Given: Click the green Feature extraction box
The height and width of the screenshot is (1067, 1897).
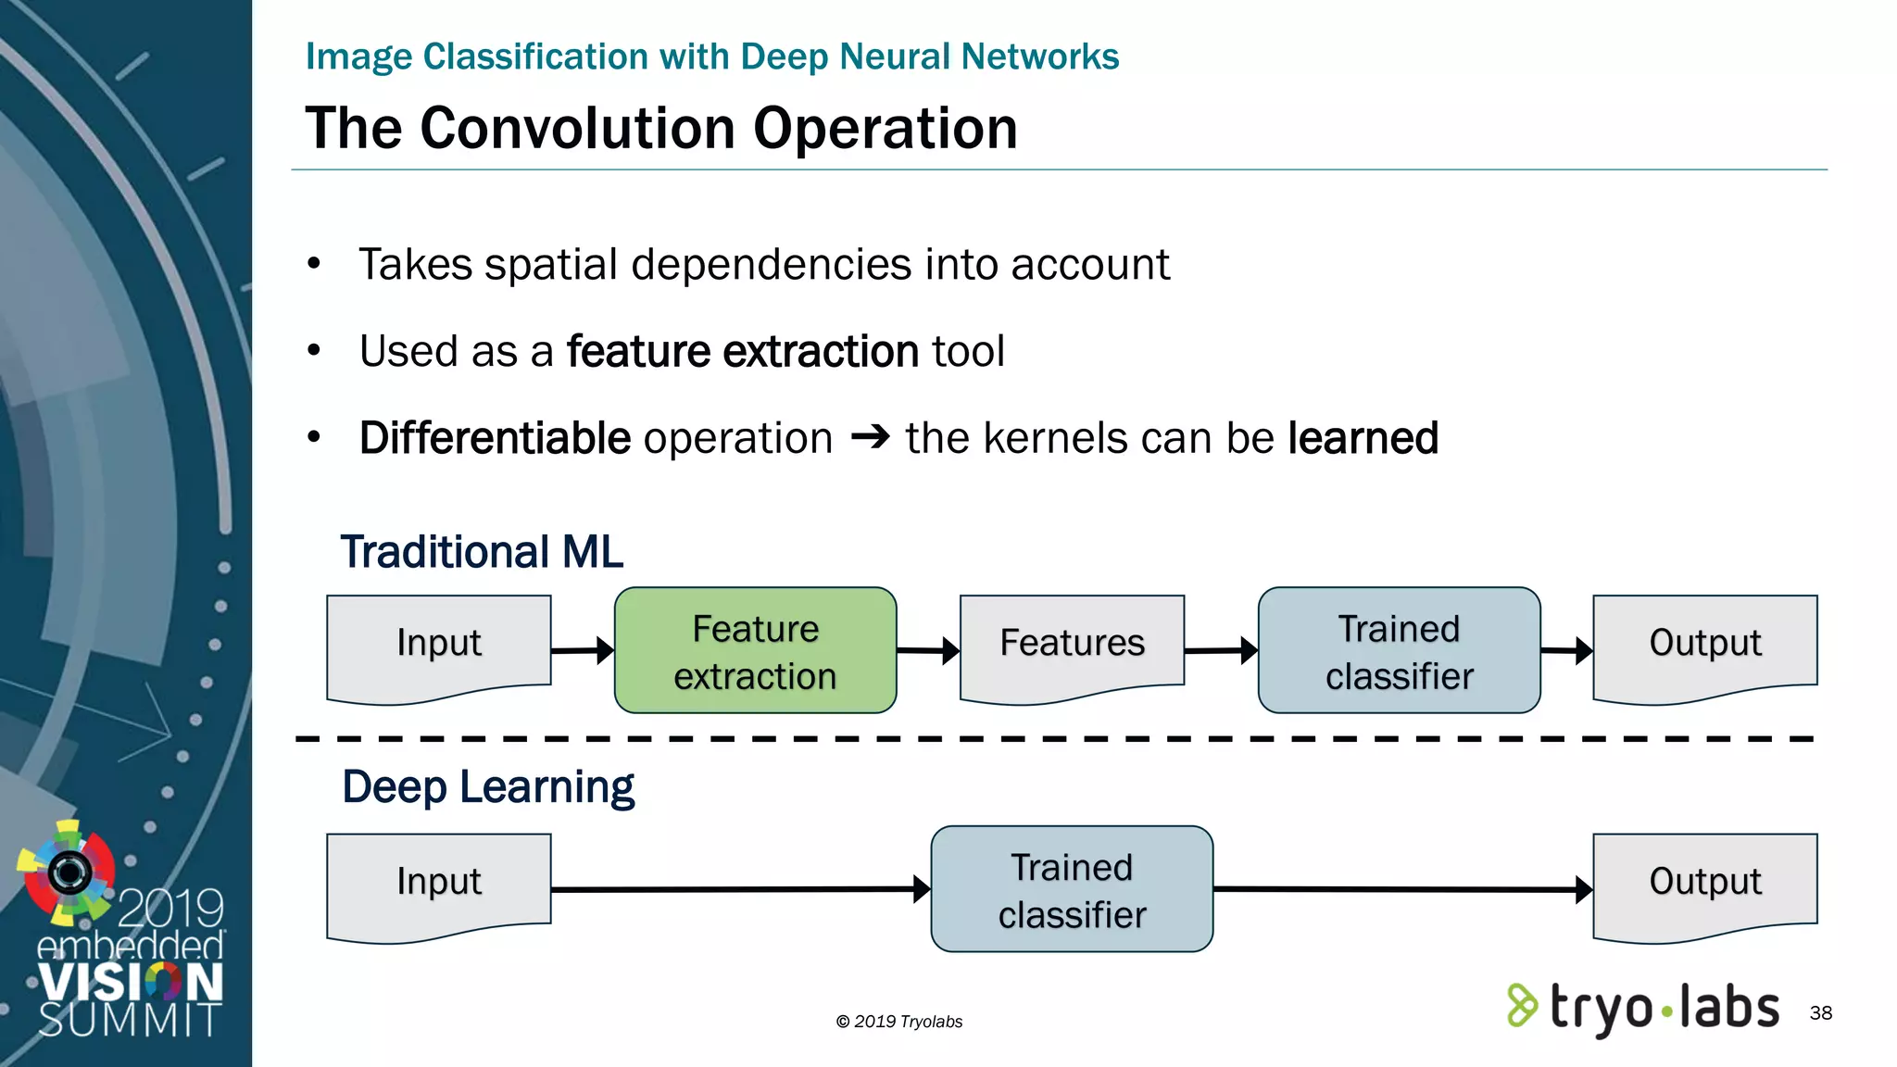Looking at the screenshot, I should pos(755,650).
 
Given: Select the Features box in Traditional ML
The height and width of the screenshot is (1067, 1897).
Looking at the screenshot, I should pos(1072,644).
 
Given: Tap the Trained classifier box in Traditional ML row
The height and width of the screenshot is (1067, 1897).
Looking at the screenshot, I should pos(1399,650).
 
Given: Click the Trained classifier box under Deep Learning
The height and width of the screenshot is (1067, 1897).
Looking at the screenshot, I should pos(1072,889).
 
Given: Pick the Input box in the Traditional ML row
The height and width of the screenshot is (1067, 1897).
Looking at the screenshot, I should pos(439,644).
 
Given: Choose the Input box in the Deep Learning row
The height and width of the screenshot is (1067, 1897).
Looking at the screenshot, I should pos(439,882).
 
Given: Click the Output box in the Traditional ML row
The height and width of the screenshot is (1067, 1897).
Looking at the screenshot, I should pos(1704,644).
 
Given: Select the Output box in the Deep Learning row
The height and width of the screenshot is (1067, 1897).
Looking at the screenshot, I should pos(1704,882).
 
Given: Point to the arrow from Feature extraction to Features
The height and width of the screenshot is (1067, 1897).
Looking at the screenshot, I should pos(927,650).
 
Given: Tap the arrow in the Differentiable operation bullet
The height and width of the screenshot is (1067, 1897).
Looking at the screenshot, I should pos(870,436).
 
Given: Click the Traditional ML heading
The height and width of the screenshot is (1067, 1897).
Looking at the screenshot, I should pos(482,552).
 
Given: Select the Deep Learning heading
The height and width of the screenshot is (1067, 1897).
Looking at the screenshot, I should pos(488,787).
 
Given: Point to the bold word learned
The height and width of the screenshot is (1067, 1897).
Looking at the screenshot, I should pos(1363,438).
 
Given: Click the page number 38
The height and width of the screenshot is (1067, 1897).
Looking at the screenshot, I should pos(1820,1013).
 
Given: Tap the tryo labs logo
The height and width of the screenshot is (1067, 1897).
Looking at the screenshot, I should pos(1644,1008).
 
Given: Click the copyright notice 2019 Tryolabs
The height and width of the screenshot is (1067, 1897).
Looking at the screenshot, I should pos(899,1022).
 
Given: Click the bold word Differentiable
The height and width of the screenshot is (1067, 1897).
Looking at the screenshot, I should pos(495,438).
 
